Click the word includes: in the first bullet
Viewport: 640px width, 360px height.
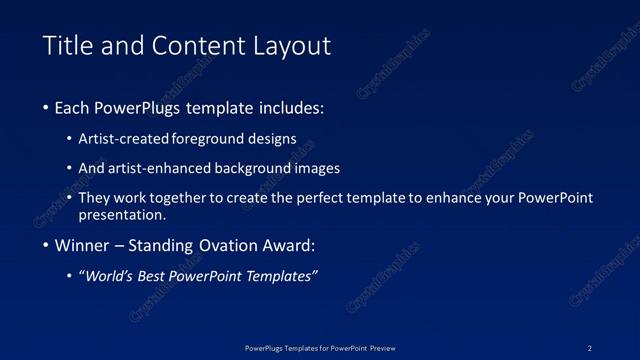click(x=290, y=107)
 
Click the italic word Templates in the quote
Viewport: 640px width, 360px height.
click(x=277, y=277)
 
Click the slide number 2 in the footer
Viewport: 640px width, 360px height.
click(x=590, y=347)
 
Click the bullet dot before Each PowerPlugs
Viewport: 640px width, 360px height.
click(x=46, y=108)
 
